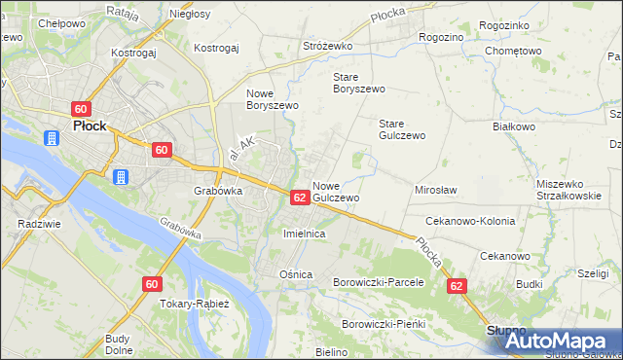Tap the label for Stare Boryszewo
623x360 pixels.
pos(358,82)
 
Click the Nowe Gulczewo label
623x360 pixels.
pos(337,191)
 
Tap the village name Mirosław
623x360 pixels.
pos(436,190)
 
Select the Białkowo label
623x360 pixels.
pos(515,126)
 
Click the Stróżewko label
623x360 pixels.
pos(326,46)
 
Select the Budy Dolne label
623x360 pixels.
pos(118,343)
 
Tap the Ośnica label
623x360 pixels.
pos(296,274)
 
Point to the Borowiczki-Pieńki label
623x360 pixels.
pos(385,323)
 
